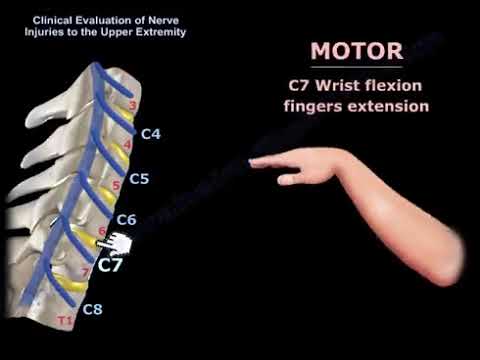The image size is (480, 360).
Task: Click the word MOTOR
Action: pos(357,52)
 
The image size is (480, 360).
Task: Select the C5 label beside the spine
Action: pos(139,179)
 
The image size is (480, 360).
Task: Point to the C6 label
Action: pos(126,220)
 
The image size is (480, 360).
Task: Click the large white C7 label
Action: pos(111,265)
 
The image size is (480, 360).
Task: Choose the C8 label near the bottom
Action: pos(92,309)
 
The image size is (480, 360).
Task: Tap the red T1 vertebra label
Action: pos(66,321)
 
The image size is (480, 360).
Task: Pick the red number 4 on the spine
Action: pos(126,144)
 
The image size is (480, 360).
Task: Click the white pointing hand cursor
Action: pos(121,244)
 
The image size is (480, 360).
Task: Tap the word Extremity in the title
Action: pos(159,32)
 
